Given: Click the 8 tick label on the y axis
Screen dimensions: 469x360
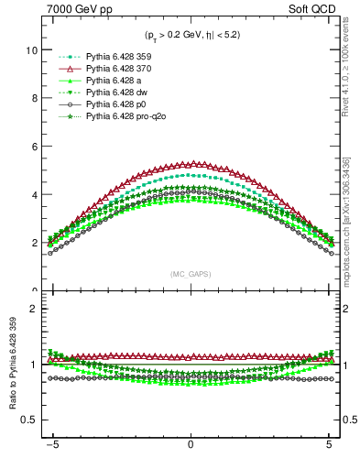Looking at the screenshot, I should (33, 98).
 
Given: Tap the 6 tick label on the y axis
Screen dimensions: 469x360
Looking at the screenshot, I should (33, 147).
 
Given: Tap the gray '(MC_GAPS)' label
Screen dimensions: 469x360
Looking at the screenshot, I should (190, 274).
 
